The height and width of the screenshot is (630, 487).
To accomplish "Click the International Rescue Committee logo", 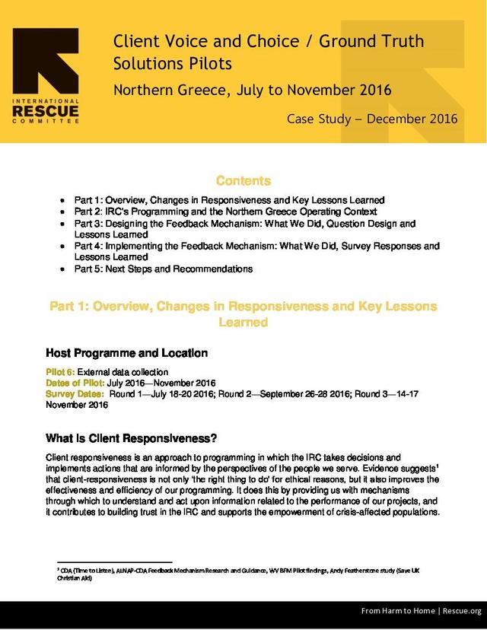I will tap(45, 76).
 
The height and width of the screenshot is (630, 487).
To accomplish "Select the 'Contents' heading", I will tap(243, 181).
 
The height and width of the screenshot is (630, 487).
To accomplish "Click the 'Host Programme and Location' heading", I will tap(127, 353).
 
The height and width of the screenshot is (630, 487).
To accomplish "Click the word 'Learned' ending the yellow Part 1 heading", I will tap(243, 323).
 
